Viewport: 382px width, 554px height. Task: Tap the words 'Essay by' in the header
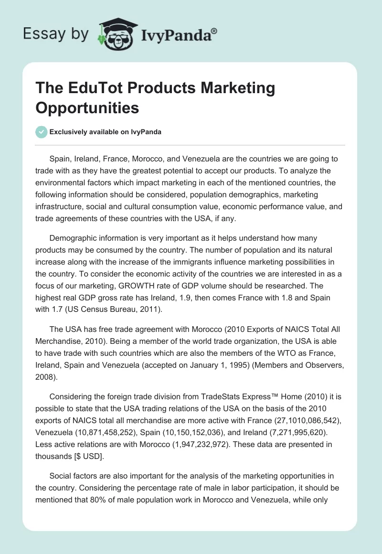55,34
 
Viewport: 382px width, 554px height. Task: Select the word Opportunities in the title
87,107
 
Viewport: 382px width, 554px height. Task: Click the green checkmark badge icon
42,132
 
